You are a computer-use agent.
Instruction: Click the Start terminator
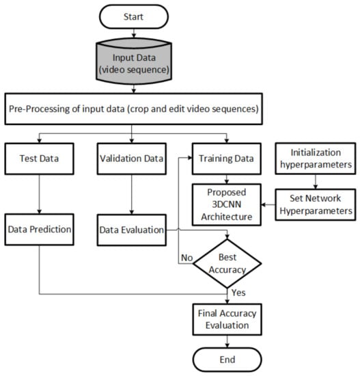click(134, 17)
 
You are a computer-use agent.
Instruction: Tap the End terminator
click(227, 360)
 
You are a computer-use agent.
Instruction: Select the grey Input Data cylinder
click(134, 61)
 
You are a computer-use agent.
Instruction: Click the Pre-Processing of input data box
click(133, 109)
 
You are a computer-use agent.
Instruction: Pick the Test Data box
click(39, 159)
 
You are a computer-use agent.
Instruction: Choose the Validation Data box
click(131, 159)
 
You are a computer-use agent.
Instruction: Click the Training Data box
click(227, 159)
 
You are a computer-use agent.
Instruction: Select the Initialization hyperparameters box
click(316, 159)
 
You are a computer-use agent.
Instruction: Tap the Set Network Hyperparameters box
click(316, 204)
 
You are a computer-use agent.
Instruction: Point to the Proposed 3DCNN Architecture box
click(227, 204)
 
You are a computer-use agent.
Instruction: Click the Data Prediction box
click(39, 230)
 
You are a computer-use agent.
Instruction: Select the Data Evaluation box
click(131, 230)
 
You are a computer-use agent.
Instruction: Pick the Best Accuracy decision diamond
click(227, 263)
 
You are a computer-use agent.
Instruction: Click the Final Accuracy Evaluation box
click(227, 319)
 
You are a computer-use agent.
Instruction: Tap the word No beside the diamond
click(186, 258)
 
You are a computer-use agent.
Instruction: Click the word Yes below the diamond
click(238, 293)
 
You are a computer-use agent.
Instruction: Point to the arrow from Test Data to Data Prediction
click(39, 194)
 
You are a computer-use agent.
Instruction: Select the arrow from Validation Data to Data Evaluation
click(131, 194)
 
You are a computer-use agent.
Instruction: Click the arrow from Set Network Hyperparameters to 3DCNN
click(268, 204)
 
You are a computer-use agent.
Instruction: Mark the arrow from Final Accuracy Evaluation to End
click(227, 341)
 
